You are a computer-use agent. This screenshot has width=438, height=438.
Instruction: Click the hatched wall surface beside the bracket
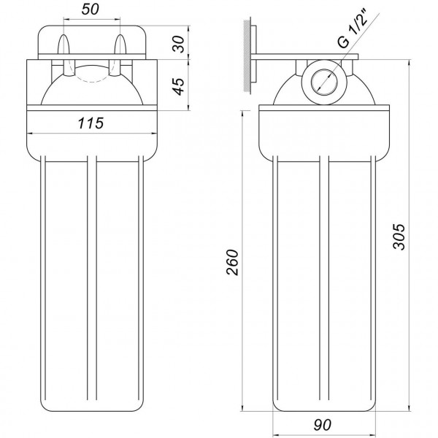250,55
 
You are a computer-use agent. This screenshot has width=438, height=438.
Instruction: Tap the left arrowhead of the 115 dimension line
31,134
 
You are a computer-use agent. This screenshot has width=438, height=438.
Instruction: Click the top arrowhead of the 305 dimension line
407,61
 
